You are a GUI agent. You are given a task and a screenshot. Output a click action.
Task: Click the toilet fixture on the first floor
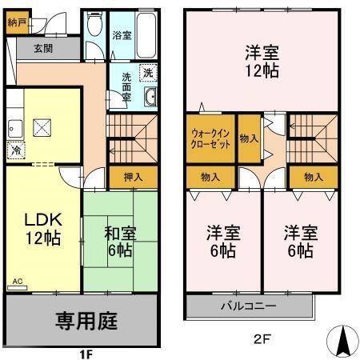pyautogui.click(x=94, y=28)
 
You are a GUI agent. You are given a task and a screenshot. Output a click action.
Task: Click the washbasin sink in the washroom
pyautogui.click(x=150, y=98)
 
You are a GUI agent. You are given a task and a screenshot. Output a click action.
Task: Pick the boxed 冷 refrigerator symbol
pyautogui.click(x=16, y=150)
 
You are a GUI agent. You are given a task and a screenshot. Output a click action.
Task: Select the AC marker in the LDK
pyautogui.click(x=18, y=282)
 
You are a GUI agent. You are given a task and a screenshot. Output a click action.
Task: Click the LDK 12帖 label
pyautogui.click(x=41, y=228)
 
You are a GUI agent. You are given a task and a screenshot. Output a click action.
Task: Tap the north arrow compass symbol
pyautogui.click(x=343, y=342)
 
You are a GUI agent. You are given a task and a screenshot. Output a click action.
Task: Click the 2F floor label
pyautogui.click(x=261, y=338)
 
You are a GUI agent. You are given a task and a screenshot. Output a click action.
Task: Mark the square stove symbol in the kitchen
pyautogui.click(x=42, y=126)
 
